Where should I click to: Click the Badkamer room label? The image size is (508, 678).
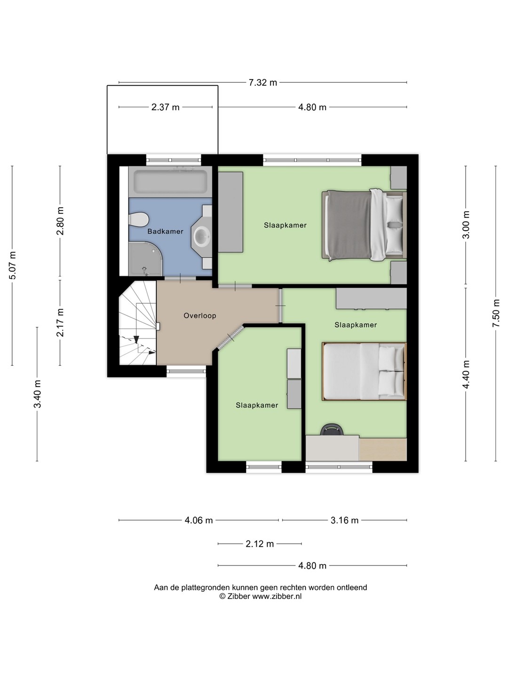[x=165, y=231]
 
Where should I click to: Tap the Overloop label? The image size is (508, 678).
[x=199, y=315]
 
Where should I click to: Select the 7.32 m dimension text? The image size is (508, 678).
[x=263, y=83]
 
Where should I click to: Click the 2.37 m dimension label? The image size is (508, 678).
[x=165, y=107]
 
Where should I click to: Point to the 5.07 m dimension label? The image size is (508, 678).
[x=12, y=266]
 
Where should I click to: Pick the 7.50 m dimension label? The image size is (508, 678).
[x=496, y=313]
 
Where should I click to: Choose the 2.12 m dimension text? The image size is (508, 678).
[x=260, y=544]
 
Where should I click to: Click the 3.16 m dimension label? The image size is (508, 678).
[x=344, y=520]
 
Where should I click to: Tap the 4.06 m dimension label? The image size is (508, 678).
[x=198, y=520]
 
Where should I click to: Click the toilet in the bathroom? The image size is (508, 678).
[x=138, y=219]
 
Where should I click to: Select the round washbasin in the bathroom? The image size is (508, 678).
[x=202, y=237]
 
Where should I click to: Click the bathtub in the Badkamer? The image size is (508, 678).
[x=170, y=182]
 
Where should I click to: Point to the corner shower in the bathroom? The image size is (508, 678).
[x=145, y=259]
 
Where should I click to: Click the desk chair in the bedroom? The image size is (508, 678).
[x=332, y=430]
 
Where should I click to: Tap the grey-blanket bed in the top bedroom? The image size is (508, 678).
[x=364, y=225]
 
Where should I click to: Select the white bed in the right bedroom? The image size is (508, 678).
[x=364, y=371]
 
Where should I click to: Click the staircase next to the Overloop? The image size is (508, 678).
[x=137, y=323]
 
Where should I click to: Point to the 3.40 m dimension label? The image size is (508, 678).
[x=37, y=394]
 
